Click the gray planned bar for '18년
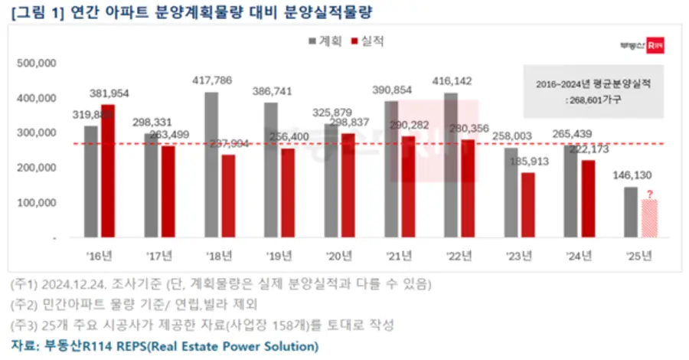tap(211, 165)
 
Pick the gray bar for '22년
tap(451, 165)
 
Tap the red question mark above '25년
tap(649, 194)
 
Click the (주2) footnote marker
tap(24, 305)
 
